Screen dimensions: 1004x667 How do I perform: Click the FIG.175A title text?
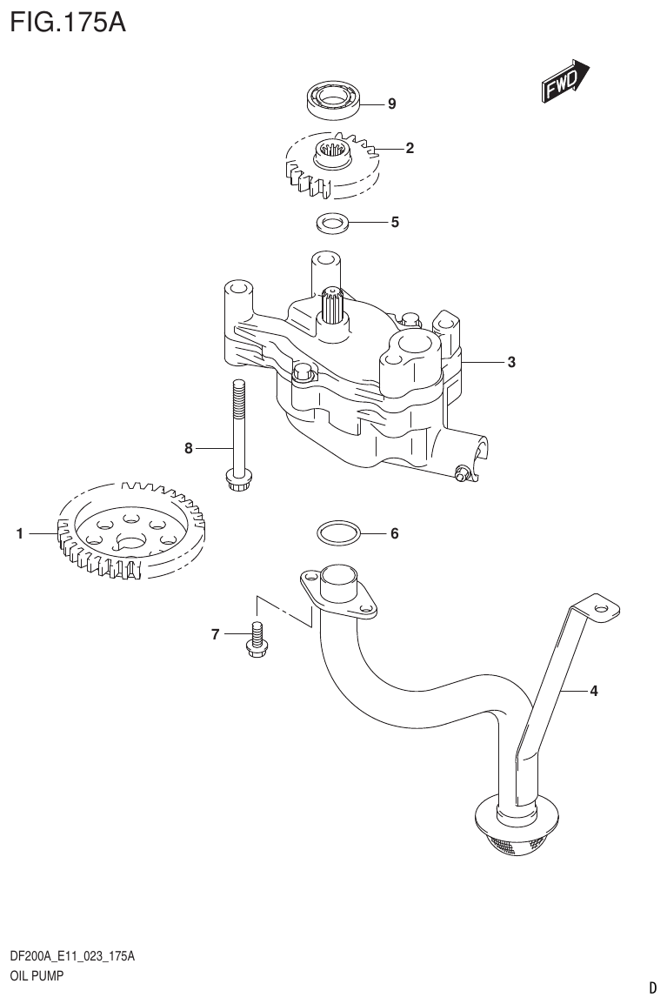(69, 21)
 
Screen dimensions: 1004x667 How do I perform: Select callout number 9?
(391, 104)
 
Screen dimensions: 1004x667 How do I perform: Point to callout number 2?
(409, 148)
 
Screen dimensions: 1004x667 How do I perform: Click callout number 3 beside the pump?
(511, 362)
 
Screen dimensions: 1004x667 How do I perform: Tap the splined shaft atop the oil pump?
(333, 305)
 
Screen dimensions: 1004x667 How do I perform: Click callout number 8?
(188, 449)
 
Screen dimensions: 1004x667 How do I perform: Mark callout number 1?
(19, 535)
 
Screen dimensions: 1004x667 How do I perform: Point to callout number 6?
(394, 533)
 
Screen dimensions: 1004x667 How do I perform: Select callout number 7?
(215, 635)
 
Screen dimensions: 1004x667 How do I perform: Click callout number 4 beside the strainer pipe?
(593, 692)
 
